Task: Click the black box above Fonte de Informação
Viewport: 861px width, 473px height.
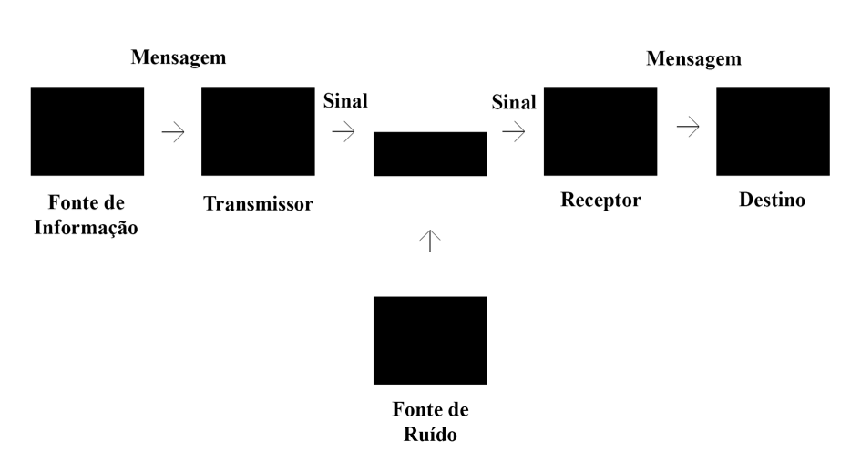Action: click(x=87, y=131)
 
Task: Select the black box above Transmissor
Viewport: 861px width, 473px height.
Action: click(x=258, y=131)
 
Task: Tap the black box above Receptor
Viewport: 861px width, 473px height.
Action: click(x=600, y=131)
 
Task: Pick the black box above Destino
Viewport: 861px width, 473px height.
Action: click(x=773, y=131)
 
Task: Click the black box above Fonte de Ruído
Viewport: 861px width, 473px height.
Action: click(x=430, y=340)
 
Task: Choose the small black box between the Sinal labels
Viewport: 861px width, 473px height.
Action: click(x=430, y=154)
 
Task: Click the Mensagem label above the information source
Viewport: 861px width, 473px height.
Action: click(x=179, y=57)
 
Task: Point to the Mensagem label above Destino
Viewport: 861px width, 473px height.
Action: click(x=693, y=59)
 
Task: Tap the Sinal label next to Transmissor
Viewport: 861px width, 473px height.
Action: click(x=345, y=101)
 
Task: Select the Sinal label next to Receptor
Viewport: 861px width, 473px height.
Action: click(x=514, y=103)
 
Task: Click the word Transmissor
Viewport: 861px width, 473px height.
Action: click(x=258, y=203)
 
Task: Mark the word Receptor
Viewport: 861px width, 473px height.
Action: click(x=600, y=200)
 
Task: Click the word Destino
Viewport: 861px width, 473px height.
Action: click(x=772, y=200)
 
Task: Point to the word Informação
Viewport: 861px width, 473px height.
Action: click(x=87, y=228)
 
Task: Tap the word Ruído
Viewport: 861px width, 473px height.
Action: click(x=430, y=434)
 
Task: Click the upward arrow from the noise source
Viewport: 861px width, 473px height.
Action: click(x=430, y=240)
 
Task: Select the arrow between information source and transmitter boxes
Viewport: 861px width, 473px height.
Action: click(x=173, y=132)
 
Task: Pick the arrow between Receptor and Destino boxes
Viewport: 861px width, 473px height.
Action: click(x=688, y=128)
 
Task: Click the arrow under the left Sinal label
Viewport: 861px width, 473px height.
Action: click(x=343, y=132)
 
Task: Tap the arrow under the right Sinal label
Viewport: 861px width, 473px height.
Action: click(x=514, y=132)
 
